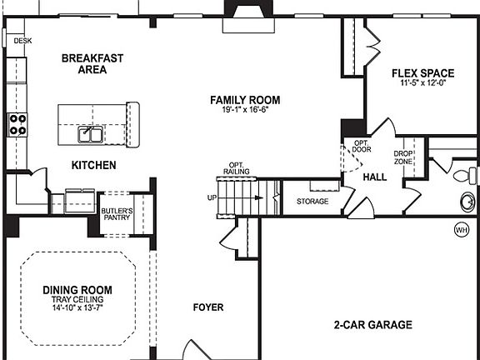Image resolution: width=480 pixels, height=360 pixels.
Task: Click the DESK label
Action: (22, 40)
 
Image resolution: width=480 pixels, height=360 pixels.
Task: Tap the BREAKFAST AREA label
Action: (92, 64)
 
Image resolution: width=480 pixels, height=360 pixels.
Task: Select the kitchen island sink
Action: (90, 134)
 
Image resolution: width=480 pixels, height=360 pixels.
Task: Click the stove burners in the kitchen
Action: (17, 125)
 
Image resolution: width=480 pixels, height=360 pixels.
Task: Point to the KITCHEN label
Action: (93, 166)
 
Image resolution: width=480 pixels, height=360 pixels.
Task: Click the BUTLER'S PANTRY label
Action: (117, 214)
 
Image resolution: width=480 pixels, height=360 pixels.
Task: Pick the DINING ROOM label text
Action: (77, 290)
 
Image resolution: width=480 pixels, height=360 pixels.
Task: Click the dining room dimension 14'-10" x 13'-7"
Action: (77, 308)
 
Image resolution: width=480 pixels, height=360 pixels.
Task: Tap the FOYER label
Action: (207, 307)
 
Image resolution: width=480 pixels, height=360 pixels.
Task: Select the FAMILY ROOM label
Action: (244, 100)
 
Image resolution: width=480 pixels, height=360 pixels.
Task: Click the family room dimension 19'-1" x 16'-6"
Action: (244, 110)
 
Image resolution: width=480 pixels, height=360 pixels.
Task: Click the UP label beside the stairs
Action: (212, 198)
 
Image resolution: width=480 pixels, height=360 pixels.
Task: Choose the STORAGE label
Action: (312, 202)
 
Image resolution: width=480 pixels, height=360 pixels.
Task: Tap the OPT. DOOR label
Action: (362, 147)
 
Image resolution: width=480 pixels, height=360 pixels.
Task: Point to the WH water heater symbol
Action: (461, 229)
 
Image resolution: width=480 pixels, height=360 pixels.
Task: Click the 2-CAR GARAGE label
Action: (373, 325)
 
